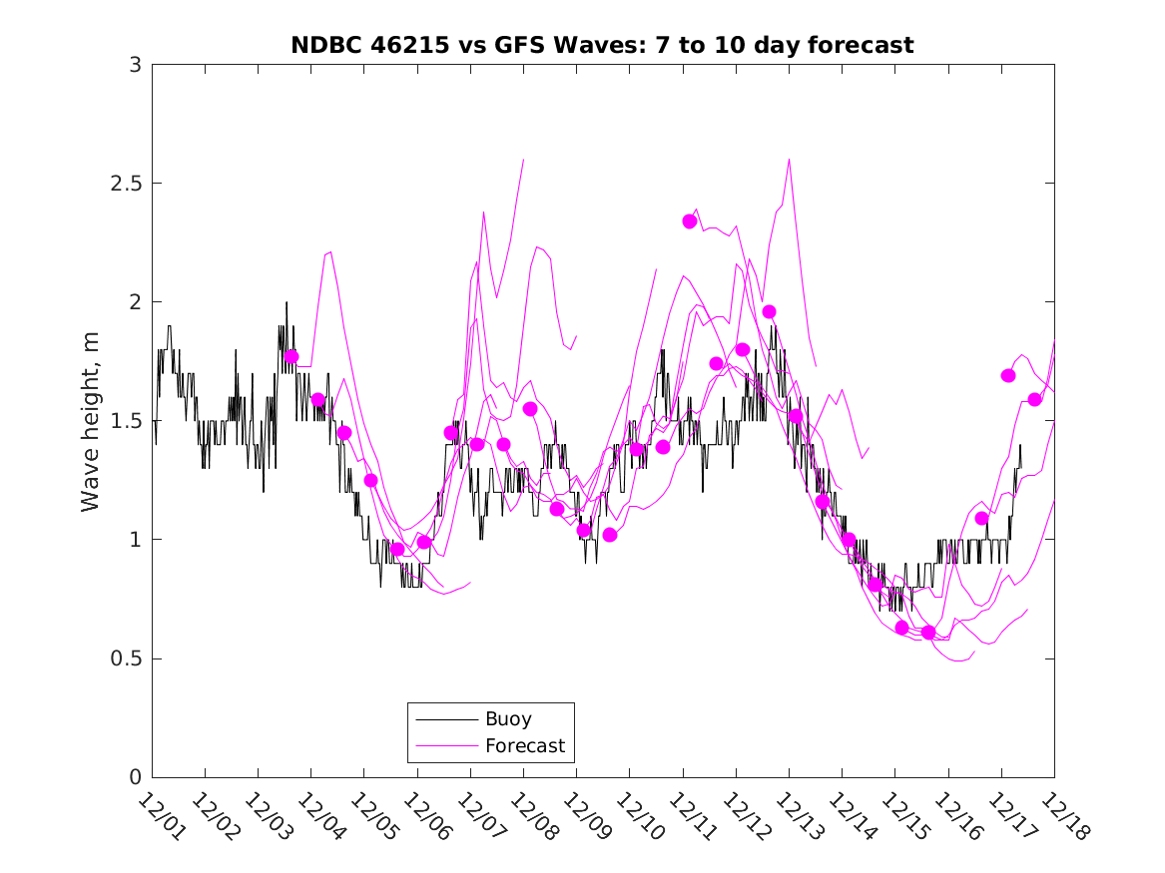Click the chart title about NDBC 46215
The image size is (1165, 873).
click(x=602, y=45)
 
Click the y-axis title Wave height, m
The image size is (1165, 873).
click(x=91, y=421)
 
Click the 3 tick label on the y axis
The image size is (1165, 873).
click(x=135, y=65)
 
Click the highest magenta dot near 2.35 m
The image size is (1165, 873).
click(x=690, y=221)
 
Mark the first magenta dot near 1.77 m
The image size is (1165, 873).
click(x=291, y=356)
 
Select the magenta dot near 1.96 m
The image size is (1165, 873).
click(x=769, y=312)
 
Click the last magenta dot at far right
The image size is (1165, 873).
click(x=1034, y=399)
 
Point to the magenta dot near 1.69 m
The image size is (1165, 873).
click(x=1008, y=375)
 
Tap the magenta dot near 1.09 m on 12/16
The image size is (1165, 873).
click(x=981, y=518)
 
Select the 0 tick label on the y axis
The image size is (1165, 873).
click(x=135, y=777)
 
